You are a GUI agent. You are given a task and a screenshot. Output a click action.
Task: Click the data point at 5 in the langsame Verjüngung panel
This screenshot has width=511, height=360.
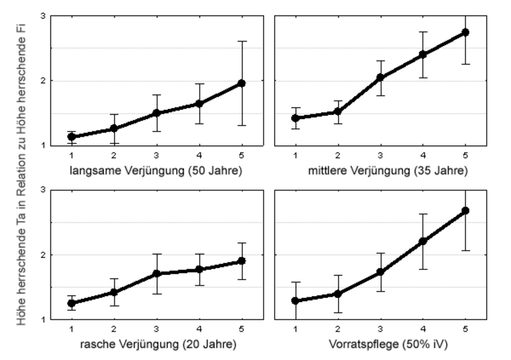click(x=241, y=83)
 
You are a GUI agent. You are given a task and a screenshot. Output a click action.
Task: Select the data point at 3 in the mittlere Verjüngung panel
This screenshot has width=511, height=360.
click(x=380, y=78)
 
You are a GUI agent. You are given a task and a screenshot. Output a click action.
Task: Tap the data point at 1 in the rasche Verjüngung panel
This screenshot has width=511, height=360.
click(x=72, y=303)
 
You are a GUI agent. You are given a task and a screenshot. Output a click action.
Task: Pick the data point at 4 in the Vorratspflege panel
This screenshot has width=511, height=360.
click(x=423, y=241)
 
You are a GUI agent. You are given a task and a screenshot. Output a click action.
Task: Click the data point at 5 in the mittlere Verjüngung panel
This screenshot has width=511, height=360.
click(x=466, y=32)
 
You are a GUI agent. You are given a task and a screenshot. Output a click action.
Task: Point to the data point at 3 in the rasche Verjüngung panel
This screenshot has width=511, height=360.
click(x=156, y=274)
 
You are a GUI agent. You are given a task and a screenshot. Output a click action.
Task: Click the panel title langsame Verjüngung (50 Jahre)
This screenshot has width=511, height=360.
click(x=156, y=171)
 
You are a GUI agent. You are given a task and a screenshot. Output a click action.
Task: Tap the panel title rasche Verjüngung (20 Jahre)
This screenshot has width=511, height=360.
click(x=156, y=345)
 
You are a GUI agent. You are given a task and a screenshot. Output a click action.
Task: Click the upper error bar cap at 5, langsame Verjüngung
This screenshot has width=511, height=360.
click(x=241, y=41)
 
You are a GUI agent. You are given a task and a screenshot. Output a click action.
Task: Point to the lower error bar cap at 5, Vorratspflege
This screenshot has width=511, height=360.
click(x=466, y=250)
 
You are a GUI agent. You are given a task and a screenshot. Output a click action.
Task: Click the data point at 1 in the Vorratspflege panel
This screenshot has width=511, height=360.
click(x=295, y=301)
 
